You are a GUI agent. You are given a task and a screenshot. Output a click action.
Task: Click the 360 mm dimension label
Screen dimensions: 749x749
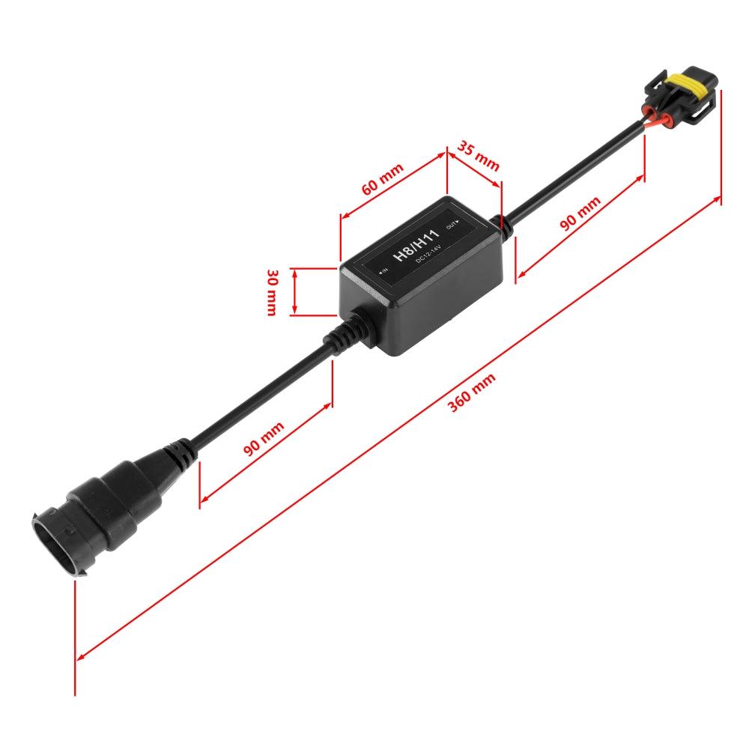tap(472, 393)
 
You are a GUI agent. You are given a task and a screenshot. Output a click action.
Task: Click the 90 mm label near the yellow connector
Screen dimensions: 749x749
tap(580, 214)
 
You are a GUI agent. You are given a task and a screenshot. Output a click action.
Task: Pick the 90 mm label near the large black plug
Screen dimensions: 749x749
tap(264, 440)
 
